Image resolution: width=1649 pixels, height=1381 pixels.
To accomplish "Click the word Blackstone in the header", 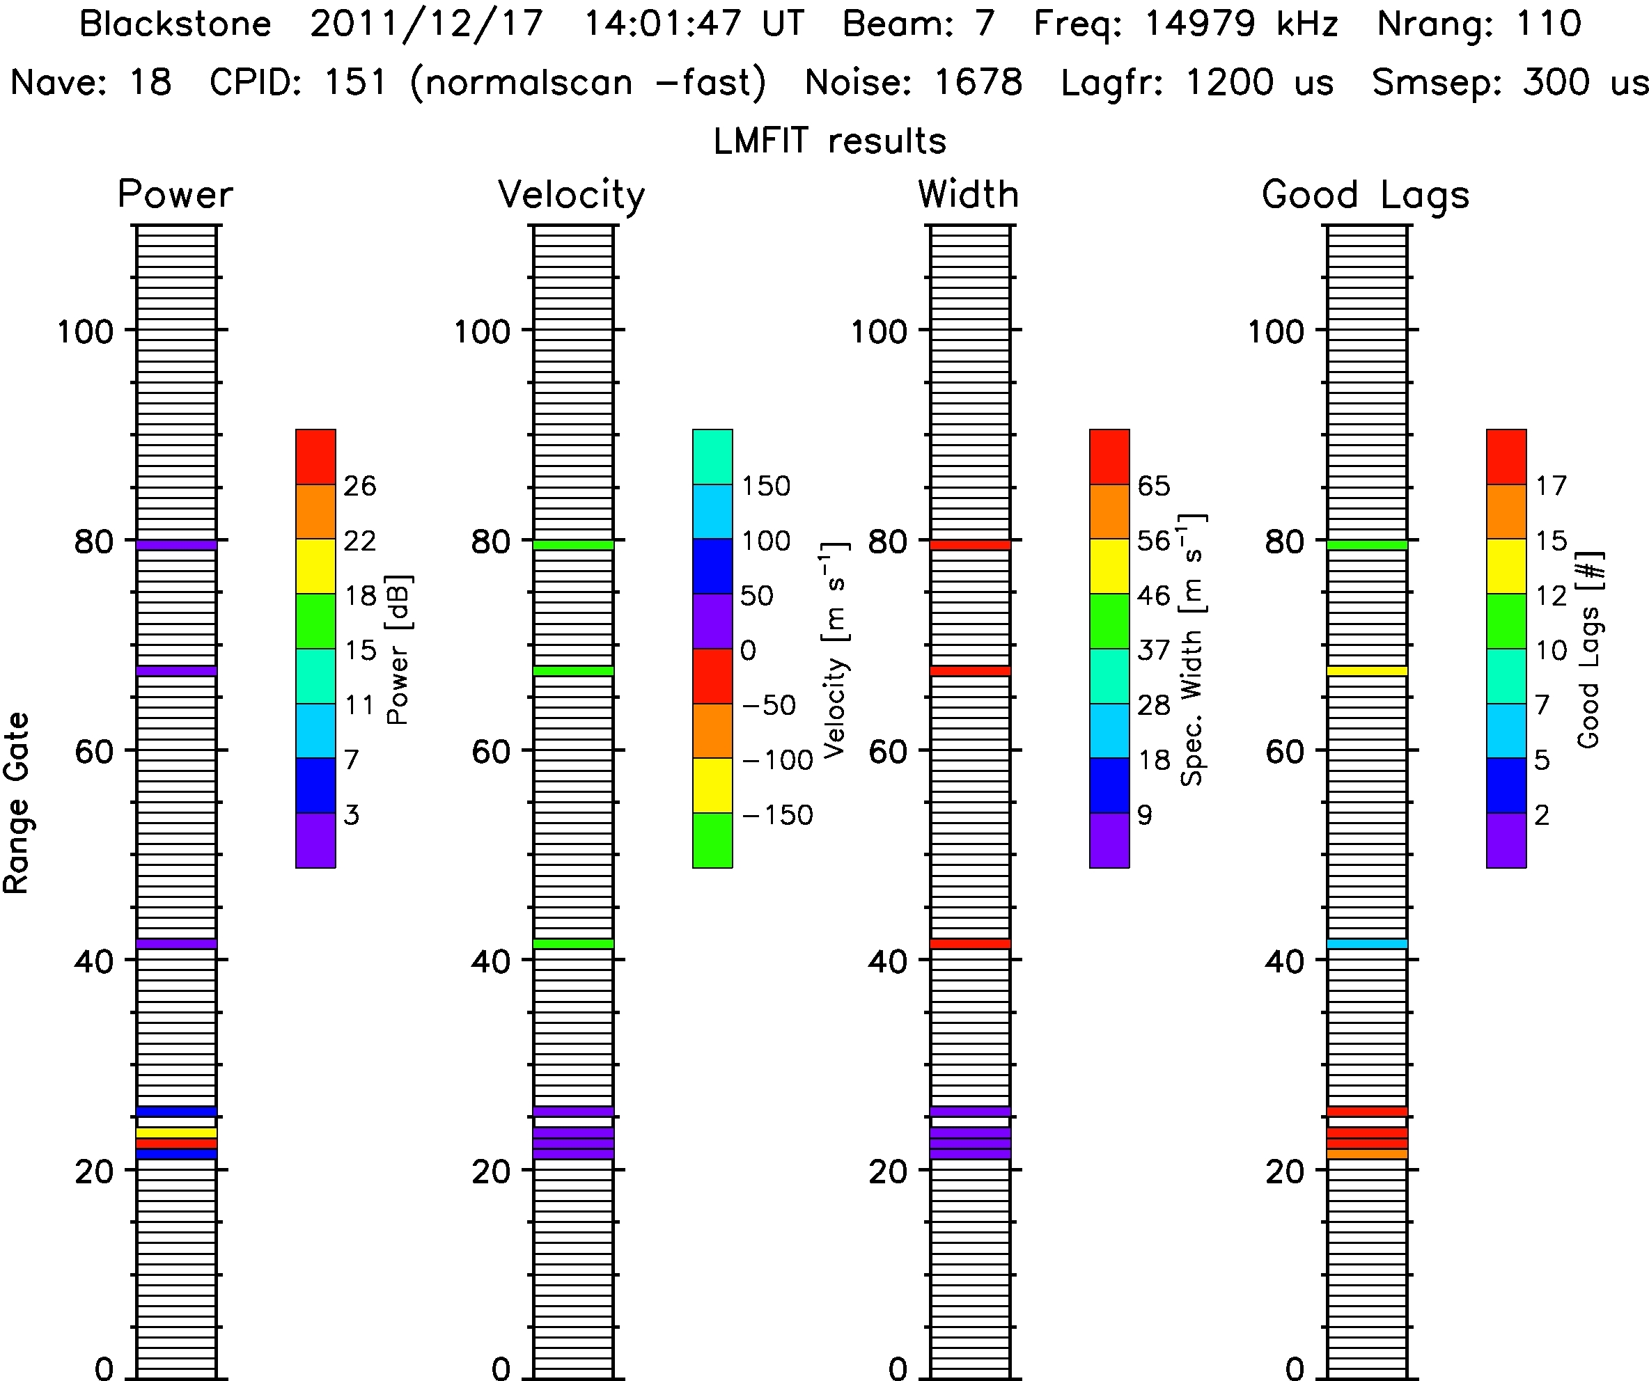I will click(x=175, y=24).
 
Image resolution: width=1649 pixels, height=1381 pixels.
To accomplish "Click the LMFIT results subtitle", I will click(x=829, y=141).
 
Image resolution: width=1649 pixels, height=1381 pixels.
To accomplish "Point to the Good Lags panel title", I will click(x=1365, y=195).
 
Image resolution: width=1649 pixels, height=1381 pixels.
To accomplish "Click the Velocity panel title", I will click(x=571, y=195).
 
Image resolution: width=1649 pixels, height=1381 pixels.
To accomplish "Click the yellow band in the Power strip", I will click(x=177, y=1132).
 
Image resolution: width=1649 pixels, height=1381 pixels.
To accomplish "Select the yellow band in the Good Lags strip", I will click(x=1367, y=670).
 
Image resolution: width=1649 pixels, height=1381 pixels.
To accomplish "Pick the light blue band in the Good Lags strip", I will click(x=1367, y=943).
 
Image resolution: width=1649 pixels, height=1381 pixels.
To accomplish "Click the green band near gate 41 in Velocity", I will click(x=573, y=943).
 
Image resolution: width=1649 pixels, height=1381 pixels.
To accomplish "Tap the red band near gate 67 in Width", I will click(x=971, y=670).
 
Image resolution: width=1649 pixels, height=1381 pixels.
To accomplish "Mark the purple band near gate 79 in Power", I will click(x=177, y=544).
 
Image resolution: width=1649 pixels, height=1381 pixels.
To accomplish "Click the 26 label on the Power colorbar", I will click(x=359, y=486).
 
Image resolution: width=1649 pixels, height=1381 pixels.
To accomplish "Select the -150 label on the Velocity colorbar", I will click(x=776, y=815).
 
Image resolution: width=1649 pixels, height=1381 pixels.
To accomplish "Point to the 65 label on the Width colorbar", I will click(x=1153, y=486).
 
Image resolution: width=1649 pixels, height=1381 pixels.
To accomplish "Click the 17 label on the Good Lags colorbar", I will click(x=1551, y=486).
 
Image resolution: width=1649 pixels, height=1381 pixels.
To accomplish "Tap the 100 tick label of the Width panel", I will click(x=878, y=331).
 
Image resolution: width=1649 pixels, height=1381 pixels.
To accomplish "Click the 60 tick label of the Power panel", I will click(x=93, y=751).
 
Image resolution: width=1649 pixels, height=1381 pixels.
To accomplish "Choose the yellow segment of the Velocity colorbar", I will click(x=712, y=784).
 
